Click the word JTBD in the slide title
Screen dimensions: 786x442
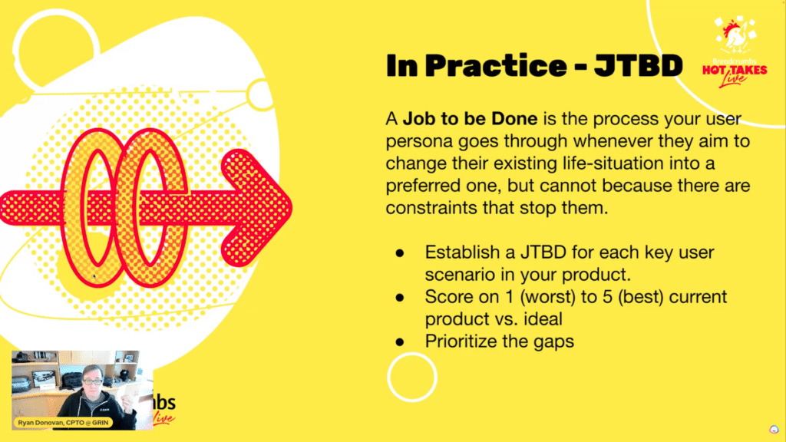[638, 66]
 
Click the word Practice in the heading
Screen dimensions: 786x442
[496, 66]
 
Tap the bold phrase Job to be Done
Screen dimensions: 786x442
[471, 119]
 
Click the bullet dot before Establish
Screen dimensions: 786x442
[399, 253]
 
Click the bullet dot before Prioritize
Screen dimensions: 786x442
[399, 342]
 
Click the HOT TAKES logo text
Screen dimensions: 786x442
[735, 70]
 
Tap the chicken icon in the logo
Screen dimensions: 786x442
[735, 36]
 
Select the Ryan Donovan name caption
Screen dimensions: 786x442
[63, 423]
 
